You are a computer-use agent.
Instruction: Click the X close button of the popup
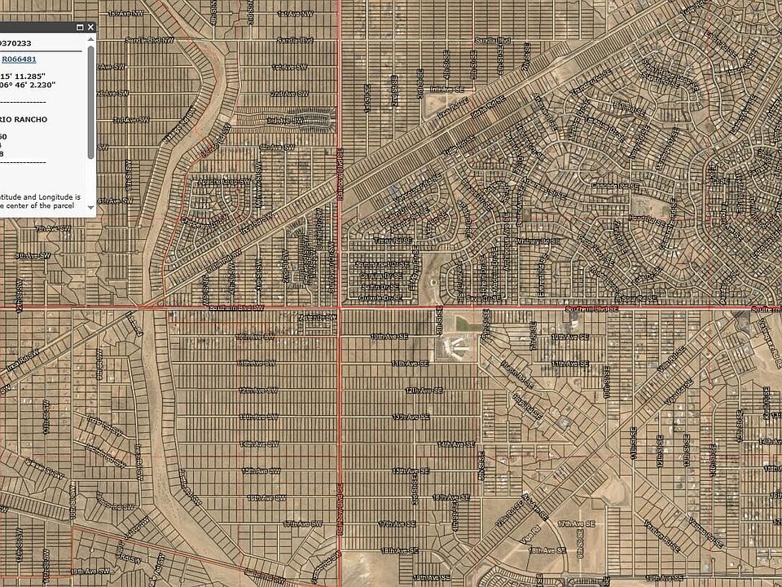tap(90, 27)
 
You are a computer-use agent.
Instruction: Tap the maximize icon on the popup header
tap(79, 27)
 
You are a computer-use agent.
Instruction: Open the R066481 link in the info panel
tap(19, 59)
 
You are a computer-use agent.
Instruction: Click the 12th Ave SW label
tap(257, 390)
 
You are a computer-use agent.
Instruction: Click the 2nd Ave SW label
tap(288, 93)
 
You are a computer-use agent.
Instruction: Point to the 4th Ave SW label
tap(276, 147)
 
